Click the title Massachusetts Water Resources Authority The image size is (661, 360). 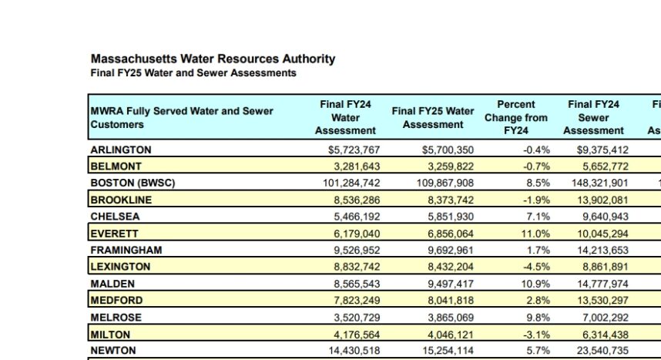tap(213, 59)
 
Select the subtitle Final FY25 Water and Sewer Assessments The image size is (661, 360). tap(193, 73)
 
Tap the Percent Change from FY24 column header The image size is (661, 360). tap(515, 117)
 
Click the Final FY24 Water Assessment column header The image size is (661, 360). tap(345, 117)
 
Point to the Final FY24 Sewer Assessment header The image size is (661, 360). tap(593, 117)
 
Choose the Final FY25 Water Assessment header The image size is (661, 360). tap(433, 118)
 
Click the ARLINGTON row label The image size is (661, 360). tap(120, 150)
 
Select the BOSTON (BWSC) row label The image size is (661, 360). tap(133, 183)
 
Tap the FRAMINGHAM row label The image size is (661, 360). tap(126, 251)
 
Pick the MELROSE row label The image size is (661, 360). tap(116, 318)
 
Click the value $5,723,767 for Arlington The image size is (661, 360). tap(354, 150)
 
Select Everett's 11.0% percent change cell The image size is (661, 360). tap(535, 234)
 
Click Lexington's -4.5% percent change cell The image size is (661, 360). tap(537, 267)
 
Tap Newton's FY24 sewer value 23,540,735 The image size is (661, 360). tap(602, 350)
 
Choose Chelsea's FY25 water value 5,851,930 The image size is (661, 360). tap(451, 217)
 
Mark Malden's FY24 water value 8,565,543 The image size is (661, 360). tap(357, 284)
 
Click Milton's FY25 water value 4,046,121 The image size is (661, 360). tap(451, 335)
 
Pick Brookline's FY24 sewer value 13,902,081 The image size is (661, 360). tap(602, 200)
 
